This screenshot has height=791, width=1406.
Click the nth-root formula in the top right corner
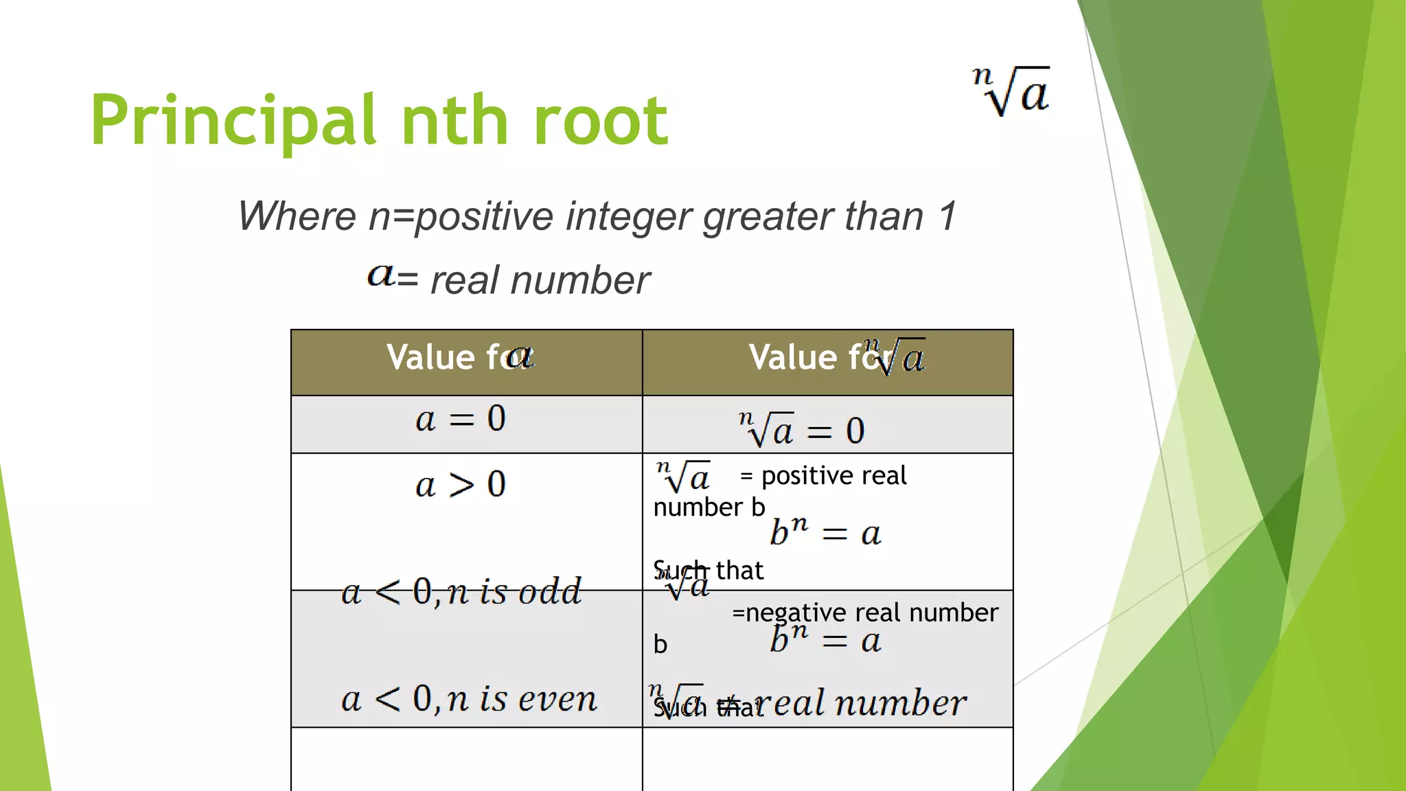coord(1011,92)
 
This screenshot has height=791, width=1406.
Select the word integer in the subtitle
coord(629,216)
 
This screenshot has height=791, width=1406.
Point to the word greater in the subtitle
coord(770,216)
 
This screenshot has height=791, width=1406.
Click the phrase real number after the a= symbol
coord(540,281)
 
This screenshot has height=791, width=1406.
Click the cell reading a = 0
coord(461,419)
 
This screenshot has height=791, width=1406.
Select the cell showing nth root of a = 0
coord(801,431)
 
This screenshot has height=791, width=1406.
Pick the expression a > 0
coord(461,485)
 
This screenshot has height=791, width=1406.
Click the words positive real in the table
coord(834,476)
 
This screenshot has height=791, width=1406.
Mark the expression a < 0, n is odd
coord(461,592)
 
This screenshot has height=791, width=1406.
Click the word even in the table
coord(557,700)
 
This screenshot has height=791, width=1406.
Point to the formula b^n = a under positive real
coord(825,532)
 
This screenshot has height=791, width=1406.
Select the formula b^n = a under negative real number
coord(825,640)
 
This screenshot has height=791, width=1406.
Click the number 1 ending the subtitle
coord(947,216)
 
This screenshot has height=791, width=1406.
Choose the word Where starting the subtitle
coord(297,216)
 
